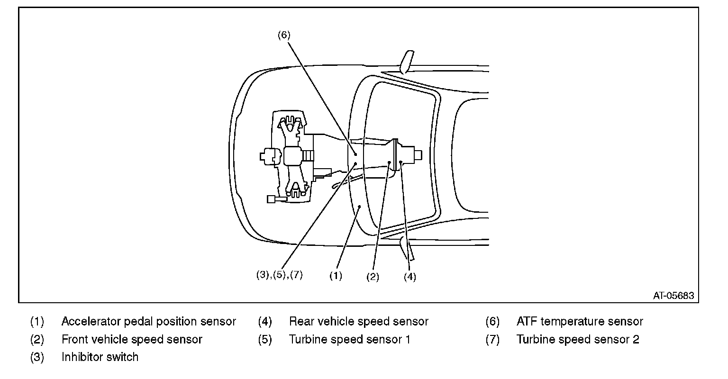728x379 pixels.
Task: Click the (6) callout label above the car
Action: (x=284, y=35)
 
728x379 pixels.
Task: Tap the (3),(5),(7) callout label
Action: (x=280, y=275)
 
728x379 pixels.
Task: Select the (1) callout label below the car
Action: (x=336, y=276)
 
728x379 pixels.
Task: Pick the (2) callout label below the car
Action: (x=373, y=277)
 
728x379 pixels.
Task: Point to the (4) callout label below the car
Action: (x=410, y=277)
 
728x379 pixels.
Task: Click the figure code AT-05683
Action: (x=673, y=296)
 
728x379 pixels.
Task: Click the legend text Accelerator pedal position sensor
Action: (x=148, y=322)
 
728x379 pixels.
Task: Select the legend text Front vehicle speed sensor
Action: (x=132, y=339)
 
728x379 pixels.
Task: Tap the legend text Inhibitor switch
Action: (x=100, y=357)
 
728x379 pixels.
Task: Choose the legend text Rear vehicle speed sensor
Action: (x=359, y=322)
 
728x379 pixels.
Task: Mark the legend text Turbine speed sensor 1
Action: (x=350, y=339)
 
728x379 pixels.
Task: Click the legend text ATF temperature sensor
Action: (x=580, y=322)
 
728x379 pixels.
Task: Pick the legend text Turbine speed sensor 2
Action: (x=578, y=339)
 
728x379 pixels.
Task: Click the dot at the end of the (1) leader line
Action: (x=359, y=207)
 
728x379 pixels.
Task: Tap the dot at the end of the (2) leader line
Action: (x=389, y=162)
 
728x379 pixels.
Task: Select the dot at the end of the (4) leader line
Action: (x=400, y=162)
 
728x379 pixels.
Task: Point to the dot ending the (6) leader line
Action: (x=355, y=154)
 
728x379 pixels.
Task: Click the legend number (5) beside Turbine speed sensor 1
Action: (x=265, y=339)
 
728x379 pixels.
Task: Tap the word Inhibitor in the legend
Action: (x=82, y=357)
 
